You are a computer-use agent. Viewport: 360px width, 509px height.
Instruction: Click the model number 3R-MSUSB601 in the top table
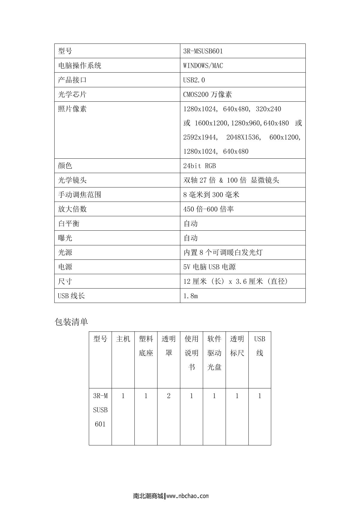tap(203, 51)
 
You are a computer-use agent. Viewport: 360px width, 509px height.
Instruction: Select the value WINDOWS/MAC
tap(203, 65)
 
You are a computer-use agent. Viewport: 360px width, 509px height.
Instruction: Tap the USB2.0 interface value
tap(194, 80)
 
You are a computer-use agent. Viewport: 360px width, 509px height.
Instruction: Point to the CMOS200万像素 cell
tap(208, 94)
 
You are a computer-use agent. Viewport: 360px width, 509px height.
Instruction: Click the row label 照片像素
tap(72, 109)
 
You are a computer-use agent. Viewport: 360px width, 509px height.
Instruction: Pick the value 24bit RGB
tap(199, 166)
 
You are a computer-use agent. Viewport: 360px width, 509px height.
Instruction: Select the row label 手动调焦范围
tap(79, 195)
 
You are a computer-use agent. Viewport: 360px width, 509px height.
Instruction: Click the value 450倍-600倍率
tap(208, 209)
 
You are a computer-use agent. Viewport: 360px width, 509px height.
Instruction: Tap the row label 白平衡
tap(69, 223)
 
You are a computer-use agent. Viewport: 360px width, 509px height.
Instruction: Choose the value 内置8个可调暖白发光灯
tap(223, 252)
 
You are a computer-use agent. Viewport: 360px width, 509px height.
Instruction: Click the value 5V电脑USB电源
tap(209, 267)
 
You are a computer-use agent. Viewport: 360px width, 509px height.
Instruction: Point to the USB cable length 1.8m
tap(190, 296)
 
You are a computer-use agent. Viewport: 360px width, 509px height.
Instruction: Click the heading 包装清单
tap(71, 322)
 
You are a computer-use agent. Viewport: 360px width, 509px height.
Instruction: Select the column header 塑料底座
tap(146, 346)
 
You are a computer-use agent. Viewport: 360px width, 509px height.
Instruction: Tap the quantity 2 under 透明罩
tap(169, 396)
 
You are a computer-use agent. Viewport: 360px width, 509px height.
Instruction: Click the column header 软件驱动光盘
tap(214, 353)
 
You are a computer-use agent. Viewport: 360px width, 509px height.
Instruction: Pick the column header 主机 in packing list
tap(123, 339)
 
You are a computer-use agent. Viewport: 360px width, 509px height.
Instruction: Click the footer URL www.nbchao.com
tap(187, 496)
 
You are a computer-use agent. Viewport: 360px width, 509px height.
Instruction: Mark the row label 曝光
tap(65, 238)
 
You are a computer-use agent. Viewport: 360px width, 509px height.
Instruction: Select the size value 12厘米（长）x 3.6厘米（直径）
tap(235, 281)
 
